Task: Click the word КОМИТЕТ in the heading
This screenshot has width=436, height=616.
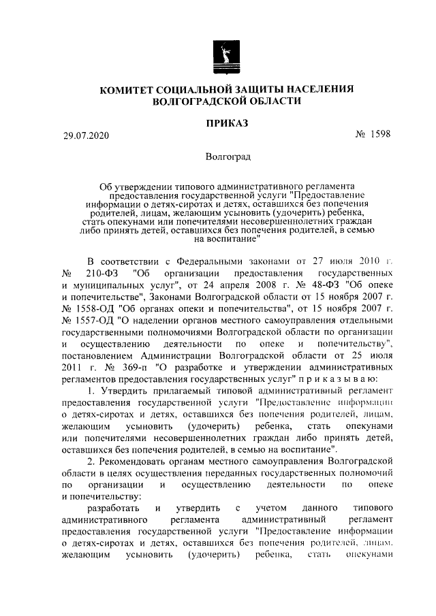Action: [x=131, y=89]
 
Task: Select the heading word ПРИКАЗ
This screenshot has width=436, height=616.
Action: [x=227, y=123]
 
